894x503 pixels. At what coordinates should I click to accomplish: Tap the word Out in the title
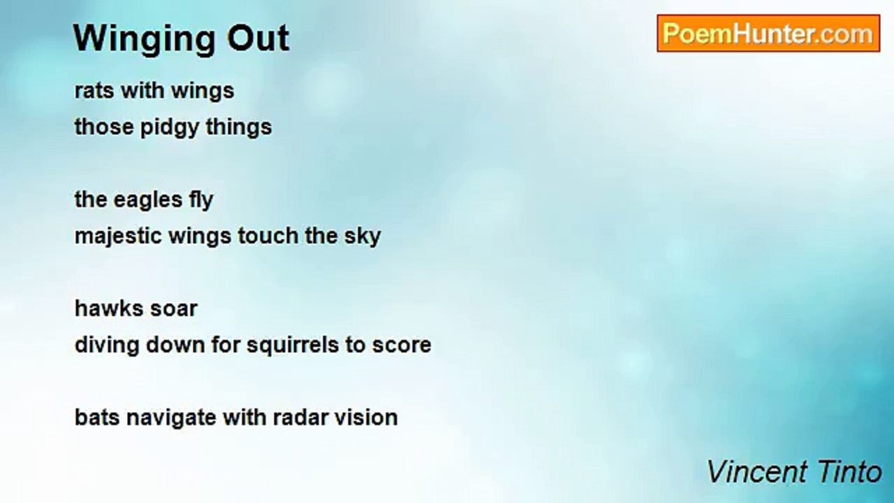pos(258,38)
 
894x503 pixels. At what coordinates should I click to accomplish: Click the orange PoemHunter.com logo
pos(768,34)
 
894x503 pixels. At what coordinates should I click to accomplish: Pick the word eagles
pos(147,201)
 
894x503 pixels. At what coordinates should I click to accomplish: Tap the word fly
pos(201,201)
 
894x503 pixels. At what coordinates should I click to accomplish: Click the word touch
pos(268,235)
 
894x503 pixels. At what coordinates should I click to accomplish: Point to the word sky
pos(362,237)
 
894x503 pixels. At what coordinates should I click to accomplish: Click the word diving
pos(107,346)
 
